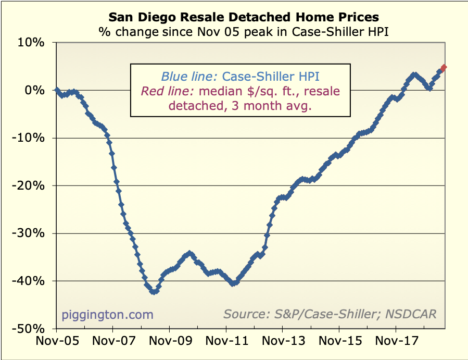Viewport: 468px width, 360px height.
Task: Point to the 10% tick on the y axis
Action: point(31,43)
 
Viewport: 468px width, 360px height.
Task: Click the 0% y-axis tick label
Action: point(34,90)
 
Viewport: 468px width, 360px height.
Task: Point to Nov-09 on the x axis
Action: point(169,342)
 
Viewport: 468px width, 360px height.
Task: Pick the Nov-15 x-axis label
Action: point(339,342)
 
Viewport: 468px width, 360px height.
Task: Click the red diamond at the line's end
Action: point(444,68)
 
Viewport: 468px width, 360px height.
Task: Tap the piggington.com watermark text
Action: point(108,314)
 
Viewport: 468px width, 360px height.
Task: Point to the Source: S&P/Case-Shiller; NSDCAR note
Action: point(330,314)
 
